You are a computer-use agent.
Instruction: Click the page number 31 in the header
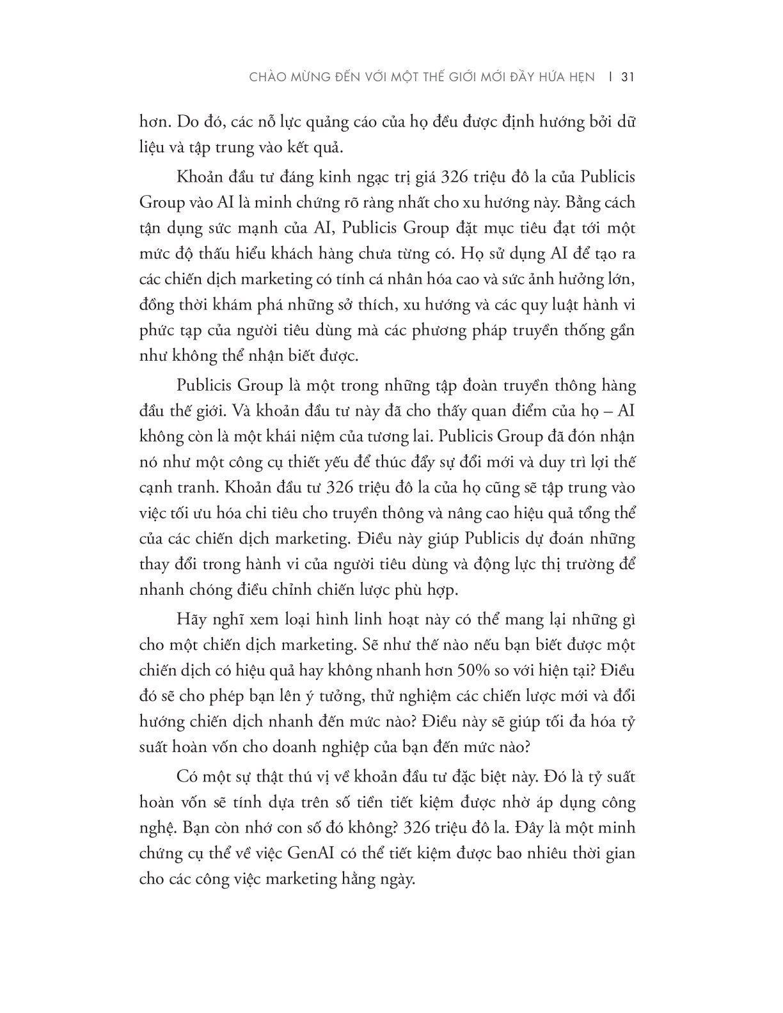627,77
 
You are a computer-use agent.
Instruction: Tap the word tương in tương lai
397,438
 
